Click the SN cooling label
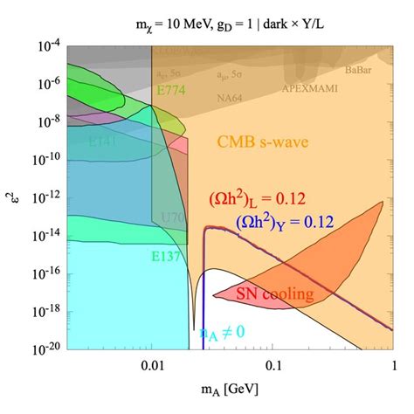(275, 294)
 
